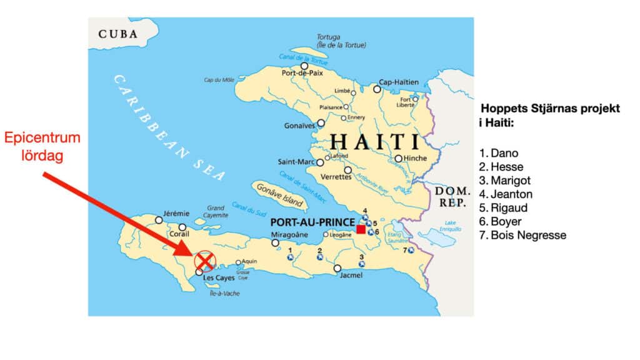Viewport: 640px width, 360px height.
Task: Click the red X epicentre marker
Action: tap(204, 261)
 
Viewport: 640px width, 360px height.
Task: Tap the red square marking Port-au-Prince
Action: tap(361, 229)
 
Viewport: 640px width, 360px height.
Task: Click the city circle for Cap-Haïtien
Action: tap(377, 89)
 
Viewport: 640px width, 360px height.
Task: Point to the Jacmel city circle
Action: tap(337, 269)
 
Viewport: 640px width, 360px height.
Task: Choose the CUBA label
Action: tap(118, 34)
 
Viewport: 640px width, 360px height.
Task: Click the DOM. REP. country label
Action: tap(447, 196)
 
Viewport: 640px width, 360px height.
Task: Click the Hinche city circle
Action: tap(398, 158)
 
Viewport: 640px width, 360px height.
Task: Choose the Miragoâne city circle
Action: tap(275, 242)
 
